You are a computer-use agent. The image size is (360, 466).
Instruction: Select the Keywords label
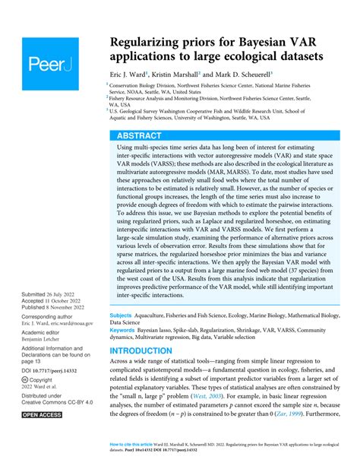125,328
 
